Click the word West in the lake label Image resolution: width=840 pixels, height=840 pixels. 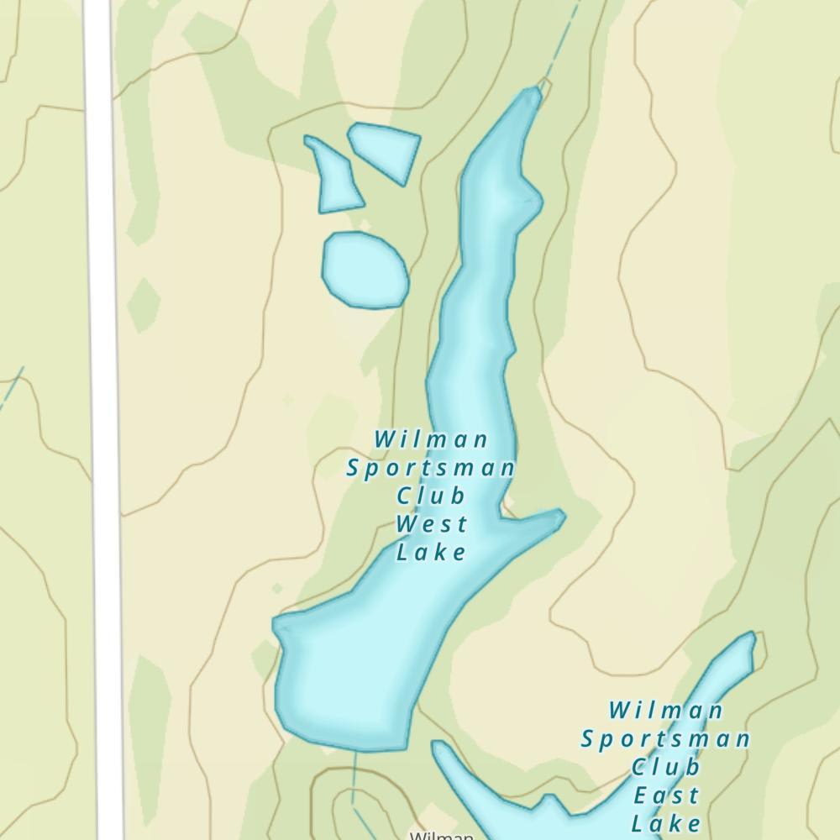pyautogui.click(x=431, y=524)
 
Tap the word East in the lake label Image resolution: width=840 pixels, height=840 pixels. pyautogui.click(x=666, y=795)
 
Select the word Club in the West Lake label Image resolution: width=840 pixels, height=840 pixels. pyautogui.click(x=431, y=496)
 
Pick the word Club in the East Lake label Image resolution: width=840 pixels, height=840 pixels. pyautogui.click(x=666, y=767)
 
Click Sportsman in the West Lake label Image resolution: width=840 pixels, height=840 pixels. pyautogui.click(x=430, y=468)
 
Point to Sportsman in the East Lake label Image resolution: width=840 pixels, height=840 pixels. pyautogui.click(x=665, y=739)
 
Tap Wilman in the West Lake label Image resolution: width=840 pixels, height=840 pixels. pyautogui.click(x=431, y=439)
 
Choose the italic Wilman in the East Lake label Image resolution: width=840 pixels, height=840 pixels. pyautogui.click(x=665, y=711)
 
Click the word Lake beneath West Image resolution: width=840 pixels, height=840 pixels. pyautogui.click(x=431, y=553)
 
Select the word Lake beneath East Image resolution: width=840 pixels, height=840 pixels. pyautogui.click(x=666, y=822)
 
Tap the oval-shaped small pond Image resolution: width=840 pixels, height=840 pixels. pyautogui.click(x=365, y=270)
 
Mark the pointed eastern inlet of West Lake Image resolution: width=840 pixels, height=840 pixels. pyautogui.click(x=559, y=516)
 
